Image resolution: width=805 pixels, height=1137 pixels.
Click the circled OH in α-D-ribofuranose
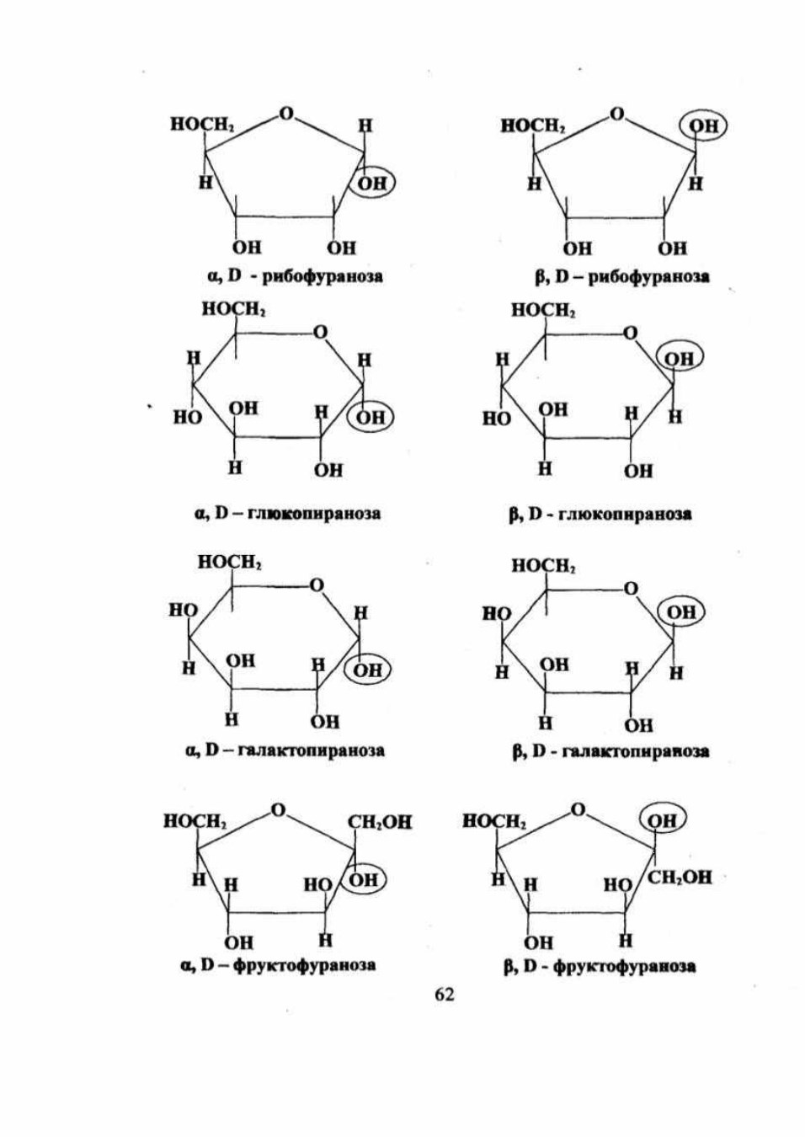[x=373, y=184]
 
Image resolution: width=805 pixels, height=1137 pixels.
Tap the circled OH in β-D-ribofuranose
[x=703, y=125]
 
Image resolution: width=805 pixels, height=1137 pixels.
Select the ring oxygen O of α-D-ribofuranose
[x=287, y=114]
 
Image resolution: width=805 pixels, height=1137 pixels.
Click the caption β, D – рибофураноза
[x=622, y=276]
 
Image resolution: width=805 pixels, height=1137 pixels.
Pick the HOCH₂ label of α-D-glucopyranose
[x=235, y=308]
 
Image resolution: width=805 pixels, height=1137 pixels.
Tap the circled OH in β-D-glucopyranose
[x=680, y=359]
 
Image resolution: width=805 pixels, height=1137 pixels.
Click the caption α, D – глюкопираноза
[x=287, y=514]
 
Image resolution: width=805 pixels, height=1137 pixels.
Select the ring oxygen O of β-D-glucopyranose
[x=631, y=333]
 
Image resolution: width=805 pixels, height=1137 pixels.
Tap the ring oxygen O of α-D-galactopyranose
[x=317, y=585]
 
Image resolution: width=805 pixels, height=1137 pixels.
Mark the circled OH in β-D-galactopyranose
[x=682, y=612]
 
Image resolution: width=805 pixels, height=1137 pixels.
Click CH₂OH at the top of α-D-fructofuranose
[x=380, y=822]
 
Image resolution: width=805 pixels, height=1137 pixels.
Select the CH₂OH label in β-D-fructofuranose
[x=680, y=878]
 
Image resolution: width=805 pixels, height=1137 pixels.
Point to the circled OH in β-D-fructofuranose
[x=664, y=820]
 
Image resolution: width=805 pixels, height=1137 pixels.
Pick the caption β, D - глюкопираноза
[x=600, y=515]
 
